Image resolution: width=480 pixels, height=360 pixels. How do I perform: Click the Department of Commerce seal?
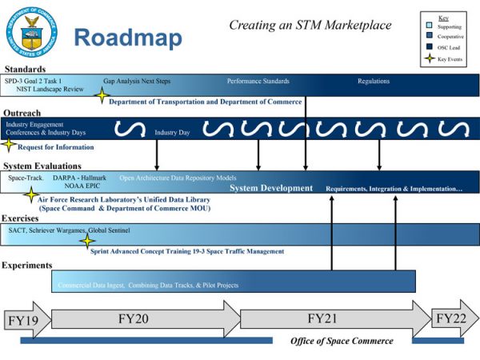tap(33, 33)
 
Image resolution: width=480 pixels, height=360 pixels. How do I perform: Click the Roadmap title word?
tap(127, 37)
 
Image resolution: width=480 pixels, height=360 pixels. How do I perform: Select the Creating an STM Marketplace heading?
tap(310, 25)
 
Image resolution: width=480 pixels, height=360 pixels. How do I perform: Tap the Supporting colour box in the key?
tap(430, 26)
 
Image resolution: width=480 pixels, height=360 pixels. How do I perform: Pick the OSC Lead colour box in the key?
tap(430, 46)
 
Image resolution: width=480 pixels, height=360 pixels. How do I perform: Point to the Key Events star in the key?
tap(430, 58)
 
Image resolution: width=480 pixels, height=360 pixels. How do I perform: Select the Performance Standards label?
tap(258, 81)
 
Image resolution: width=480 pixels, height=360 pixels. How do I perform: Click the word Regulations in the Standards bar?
tap(374, 81)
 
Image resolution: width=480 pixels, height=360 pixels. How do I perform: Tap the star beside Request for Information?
tap(9, 146)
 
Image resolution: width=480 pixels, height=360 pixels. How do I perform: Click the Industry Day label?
tap(171, 132)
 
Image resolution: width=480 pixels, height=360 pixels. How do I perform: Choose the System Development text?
tap(271, 188)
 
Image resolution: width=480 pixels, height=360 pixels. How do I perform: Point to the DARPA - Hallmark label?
tap(79, 178)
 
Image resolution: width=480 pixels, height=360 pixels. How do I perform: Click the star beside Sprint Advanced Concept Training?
tap(87, 240)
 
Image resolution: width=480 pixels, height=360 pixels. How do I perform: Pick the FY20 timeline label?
tap(134, 318)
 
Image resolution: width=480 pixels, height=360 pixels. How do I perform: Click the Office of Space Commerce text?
tap(342, 341)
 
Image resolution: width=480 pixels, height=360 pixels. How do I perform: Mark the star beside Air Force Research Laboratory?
tap(30, 195)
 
